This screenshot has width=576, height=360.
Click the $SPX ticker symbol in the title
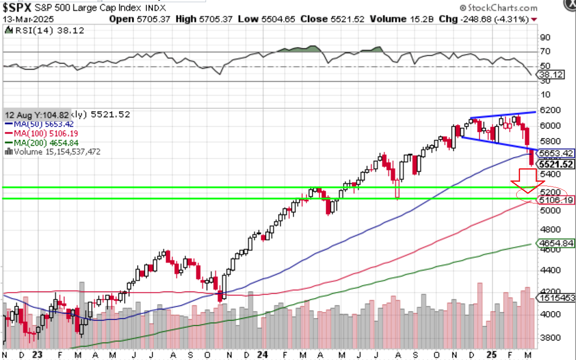(x=19, y=8)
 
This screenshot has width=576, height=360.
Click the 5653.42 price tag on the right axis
(x=556, y=153)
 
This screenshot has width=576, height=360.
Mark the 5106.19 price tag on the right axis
(x=556, y=200)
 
